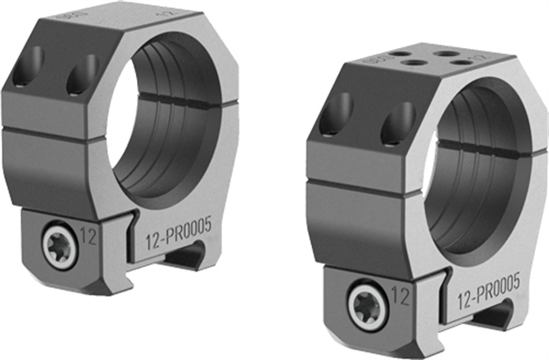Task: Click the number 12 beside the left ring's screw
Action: point(88,235)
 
